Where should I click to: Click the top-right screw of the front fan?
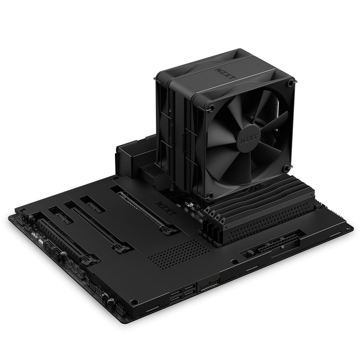291,83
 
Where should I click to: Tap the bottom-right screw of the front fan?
287,167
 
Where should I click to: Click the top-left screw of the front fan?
212,107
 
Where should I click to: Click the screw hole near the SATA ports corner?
134,302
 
